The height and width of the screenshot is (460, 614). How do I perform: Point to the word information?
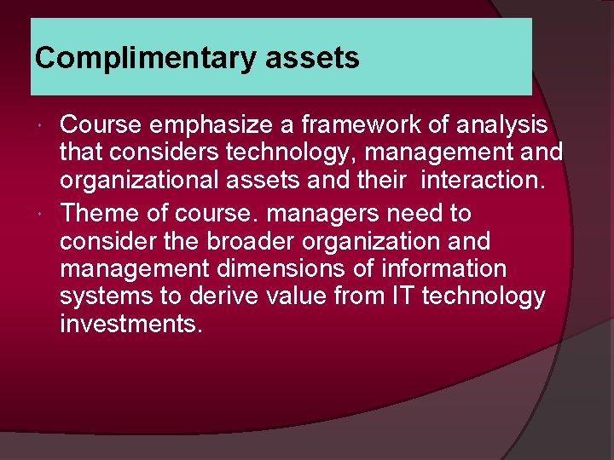(x=446, y=269)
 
